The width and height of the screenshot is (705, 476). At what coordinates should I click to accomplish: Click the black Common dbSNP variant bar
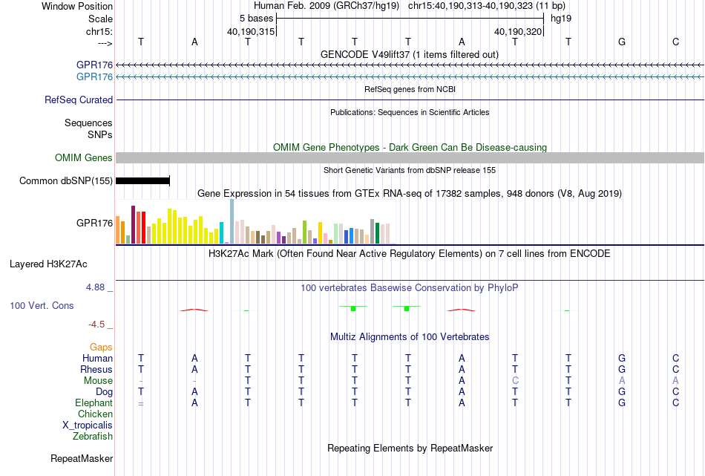click(142, 181)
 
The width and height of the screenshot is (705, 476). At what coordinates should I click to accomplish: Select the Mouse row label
click(98, 381)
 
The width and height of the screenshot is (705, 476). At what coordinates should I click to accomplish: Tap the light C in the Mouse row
click(515, 381)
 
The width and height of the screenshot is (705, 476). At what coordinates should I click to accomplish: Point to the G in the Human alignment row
click(622, 358)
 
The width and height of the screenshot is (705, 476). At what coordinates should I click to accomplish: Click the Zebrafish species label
click(93, 437)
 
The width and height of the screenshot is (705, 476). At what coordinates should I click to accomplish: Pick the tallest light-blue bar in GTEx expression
click(232, 221)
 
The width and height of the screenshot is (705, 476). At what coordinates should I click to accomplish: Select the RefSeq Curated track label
click(79, 100)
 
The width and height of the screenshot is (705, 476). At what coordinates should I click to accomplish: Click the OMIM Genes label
click(84, 158)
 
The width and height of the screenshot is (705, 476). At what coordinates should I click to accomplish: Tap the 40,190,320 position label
click(518, 31)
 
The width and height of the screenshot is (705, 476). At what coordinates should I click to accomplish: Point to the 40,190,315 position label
click(251, 31)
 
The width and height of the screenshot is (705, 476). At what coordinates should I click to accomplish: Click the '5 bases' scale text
click(256, 19)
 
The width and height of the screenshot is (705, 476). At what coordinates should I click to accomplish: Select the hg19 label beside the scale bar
click(561, 19)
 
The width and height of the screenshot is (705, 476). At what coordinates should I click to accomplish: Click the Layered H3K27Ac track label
click(48, 264)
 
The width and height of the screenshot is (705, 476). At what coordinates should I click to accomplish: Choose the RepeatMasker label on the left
click(82, 458)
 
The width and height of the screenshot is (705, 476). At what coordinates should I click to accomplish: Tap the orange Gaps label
click(101, 348)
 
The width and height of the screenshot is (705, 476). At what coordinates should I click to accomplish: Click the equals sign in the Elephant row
click(141, 403)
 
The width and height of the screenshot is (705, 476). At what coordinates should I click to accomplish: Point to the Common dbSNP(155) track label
click(66, 181)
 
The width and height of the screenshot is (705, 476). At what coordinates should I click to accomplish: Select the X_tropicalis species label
click(88, 426)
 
